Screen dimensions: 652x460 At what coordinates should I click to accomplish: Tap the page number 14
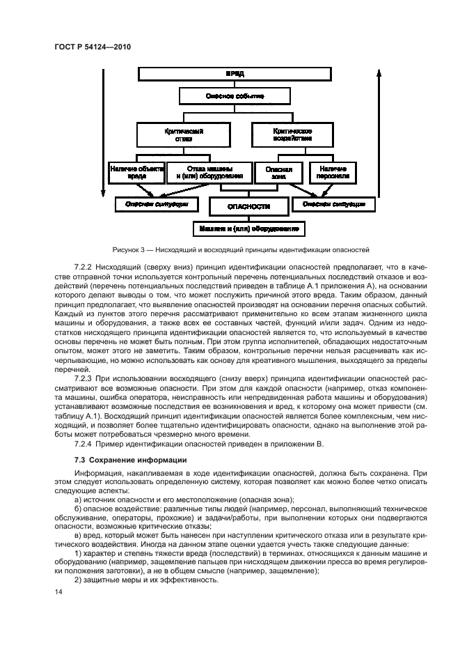point(58,591)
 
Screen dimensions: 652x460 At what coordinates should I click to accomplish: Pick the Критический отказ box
point(164,134)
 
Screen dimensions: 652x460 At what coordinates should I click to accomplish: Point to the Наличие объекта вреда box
point(136,173)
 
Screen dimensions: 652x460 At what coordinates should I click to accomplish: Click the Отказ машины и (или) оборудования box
point(208,173)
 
